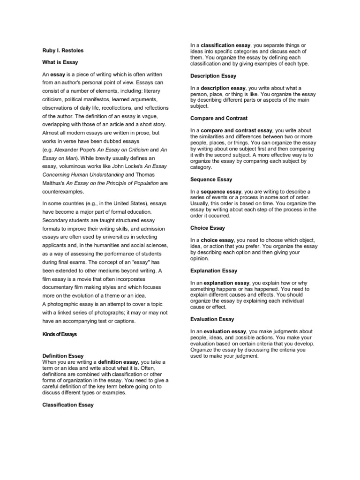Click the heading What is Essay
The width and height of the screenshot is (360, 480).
point(60,62)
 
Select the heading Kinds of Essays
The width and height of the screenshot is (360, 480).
point(60,334)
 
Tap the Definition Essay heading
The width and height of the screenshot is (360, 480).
point(63,356)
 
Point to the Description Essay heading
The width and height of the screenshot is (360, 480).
point(213,75)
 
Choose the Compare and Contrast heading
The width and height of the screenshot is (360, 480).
point(219,118)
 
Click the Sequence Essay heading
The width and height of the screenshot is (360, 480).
point(211,179)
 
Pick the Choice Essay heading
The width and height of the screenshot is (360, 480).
point(208,228)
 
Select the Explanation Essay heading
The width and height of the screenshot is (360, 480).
point(214,270)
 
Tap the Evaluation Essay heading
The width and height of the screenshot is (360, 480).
point(212,319)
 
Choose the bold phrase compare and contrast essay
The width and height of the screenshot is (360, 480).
point(237,130)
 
